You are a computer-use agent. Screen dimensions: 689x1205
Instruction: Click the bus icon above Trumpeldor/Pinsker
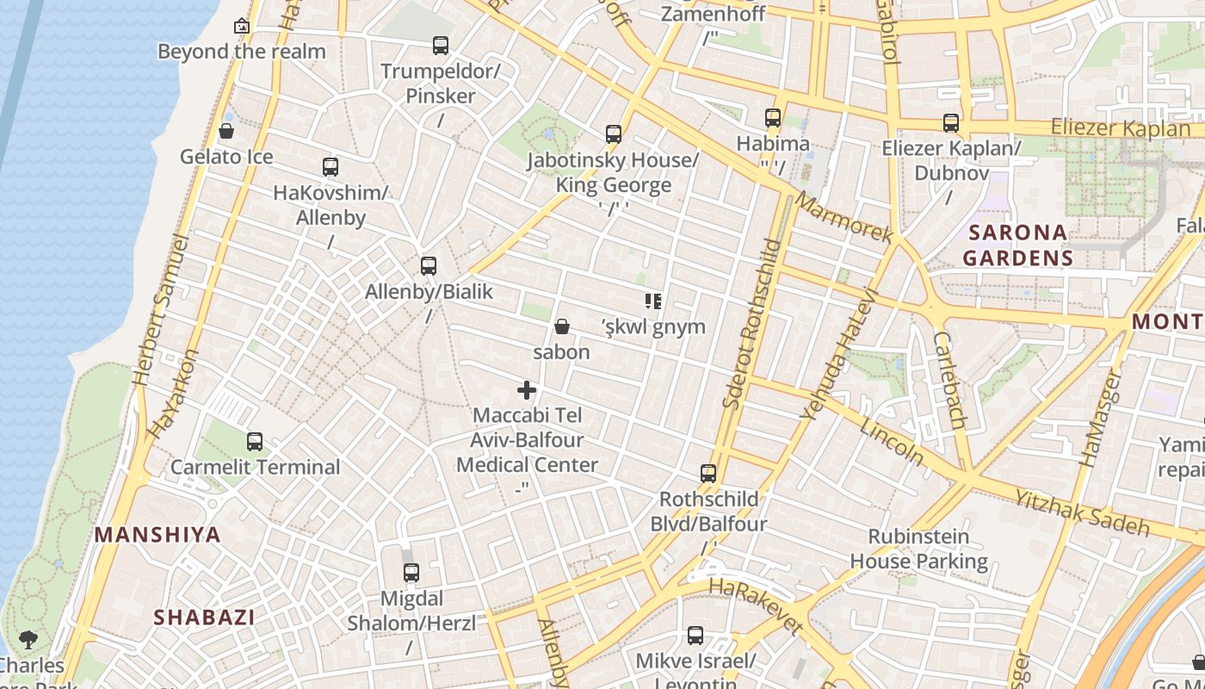point(441,46)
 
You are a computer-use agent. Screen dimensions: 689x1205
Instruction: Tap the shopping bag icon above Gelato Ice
point(226,131)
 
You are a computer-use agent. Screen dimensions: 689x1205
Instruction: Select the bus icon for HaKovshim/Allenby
point(331,167)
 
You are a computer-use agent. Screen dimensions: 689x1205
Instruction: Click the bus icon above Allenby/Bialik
point(429,266)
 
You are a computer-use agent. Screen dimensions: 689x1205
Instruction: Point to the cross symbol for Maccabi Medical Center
point(527,390)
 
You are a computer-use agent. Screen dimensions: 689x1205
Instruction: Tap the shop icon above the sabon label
point(562,326)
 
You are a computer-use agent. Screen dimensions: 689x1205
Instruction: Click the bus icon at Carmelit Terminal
point(255,442)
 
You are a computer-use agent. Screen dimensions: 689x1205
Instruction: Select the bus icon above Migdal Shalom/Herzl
point(411,573)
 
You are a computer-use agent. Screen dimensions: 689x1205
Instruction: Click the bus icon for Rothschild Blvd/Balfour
point(708,474)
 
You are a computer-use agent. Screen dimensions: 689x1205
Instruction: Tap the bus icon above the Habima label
point(773,118)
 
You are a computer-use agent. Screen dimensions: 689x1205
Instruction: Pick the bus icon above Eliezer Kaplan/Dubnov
point(951,123)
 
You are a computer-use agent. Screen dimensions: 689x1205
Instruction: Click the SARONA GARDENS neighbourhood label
point(1017,245)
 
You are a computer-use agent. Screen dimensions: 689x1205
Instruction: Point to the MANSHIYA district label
point(158,535)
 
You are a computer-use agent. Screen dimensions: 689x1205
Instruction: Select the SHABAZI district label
point(204,618)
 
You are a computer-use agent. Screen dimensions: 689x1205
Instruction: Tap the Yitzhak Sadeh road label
point(1081,512)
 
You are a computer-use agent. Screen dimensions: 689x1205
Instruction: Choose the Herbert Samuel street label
point(161,310)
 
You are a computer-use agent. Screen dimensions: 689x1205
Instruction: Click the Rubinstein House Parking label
point(918,549)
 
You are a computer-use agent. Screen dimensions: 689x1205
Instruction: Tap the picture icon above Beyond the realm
point(242,26)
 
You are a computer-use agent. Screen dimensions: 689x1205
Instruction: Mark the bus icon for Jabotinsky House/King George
point(614,134)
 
